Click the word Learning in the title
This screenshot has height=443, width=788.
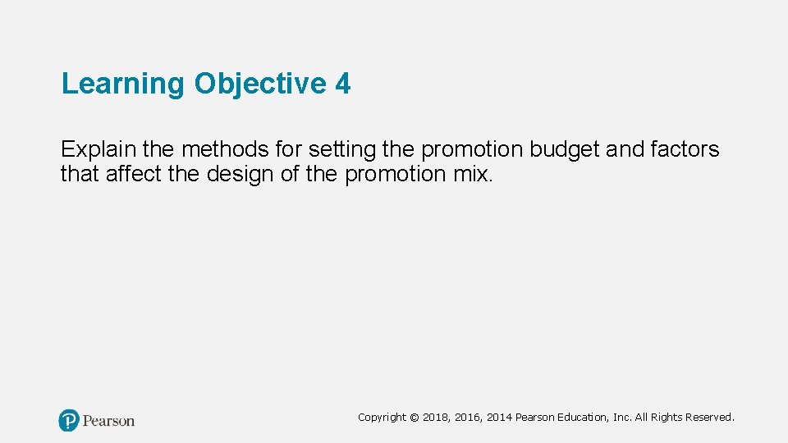coord(124,84)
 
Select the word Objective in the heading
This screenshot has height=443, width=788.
coord(260,84)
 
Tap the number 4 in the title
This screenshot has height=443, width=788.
coord(342,84)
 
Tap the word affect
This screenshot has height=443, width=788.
coord(132,174)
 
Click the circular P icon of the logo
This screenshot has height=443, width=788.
coord(69,421)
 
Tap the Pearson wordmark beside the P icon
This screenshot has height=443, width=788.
coord(108,421)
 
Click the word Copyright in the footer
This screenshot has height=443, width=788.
coord(382,418)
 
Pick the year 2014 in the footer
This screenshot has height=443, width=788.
coord(499,418)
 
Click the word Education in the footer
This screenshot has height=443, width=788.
coord(584,418)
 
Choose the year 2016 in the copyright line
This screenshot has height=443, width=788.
coord(467,418)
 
